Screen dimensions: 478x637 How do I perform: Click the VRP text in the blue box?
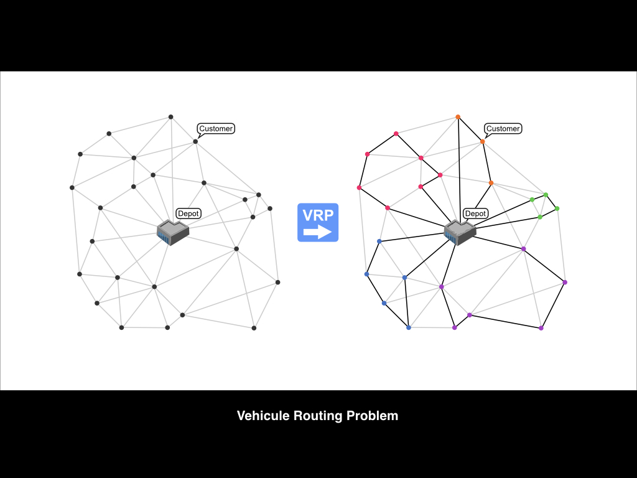click(x=318, y=215)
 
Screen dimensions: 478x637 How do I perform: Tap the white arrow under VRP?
click(x=318, y=233)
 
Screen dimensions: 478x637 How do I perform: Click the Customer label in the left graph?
click(x=216, y=129)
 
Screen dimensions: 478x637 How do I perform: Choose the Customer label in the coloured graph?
click(x=503, y=129)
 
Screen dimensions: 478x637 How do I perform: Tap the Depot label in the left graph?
click(x=188, y=213)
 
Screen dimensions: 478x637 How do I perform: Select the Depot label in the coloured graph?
click(x=475, y=213)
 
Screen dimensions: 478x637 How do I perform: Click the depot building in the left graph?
click(x=172, y=232)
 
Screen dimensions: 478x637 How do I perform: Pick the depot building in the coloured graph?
click(x=460, y=232)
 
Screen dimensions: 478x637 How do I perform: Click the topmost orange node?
click(x=458, y=117)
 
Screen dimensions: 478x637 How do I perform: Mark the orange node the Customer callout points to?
click(x=482, y=142)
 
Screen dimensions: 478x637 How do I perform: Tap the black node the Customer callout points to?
click(x=195, y=141)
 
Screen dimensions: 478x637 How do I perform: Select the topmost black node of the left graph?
click(x=171, y=116)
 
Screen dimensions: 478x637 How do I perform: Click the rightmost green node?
click(x=557, y=209)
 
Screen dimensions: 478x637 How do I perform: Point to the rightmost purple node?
click(x=565, y=283)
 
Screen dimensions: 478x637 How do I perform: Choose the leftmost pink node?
click(x=359, y=187)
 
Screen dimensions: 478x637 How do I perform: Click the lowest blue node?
click(x=409, y=327)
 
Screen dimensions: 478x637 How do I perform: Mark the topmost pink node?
click(x=396, y=133)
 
